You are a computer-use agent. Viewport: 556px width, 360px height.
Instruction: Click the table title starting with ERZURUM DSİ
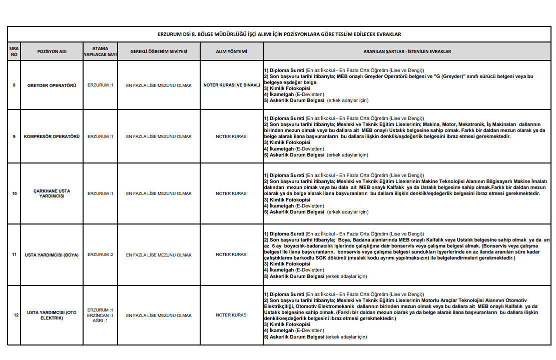[279, 34]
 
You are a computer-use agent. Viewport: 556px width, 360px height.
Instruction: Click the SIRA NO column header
[14, 51]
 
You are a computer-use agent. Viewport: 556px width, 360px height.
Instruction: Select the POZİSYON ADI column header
[52, 51]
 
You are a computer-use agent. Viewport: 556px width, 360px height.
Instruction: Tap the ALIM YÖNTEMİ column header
[231, 51]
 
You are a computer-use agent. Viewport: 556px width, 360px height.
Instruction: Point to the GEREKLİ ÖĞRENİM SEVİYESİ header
[159, 51]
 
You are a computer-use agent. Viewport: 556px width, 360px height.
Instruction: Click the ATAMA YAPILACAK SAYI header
[100, 51]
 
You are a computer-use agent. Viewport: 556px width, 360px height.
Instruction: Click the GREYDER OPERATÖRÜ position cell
[52, 85]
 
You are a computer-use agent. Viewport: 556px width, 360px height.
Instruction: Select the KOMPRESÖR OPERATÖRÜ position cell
[52, 136]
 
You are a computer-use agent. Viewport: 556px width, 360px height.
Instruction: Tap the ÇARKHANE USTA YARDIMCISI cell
[52, 193]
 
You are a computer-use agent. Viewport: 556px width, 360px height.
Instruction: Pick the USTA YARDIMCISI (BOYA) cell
[52, 255]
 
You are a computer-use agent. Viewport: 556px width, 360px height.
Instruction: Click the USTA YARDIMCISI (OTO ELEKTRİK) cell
[52, 315]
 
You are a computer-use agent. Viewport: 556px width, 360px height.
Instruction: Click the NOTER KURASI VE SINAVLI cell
[231, 85]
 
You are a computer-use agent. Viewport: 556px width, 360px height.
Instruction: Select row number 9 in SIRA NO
[14, 136]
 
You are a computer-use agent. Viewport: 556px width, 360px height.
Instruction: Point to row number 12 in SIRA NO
[16, 315]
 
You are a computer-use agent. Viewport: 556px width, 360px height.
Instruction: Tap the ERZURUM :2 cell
[100, 254]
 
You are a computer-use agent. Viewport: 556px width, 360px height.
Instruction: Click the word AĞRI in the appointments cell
[97, 320]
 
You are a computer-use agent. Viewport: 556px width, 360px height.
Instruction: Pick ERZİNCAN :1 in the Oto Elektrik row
[100, 315]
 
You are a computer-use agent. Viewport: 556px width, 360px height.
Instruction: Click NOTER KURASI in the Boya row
[231, 255]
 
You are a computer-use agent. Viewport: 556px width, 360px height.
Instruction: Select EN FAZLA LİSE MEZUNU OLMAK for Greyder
[159, 85]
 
